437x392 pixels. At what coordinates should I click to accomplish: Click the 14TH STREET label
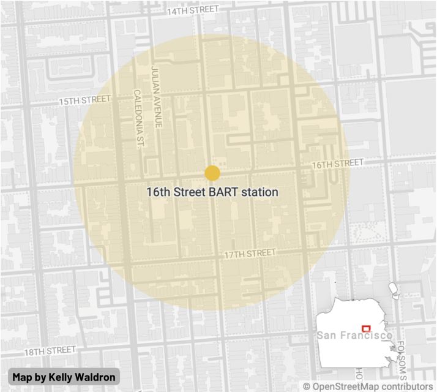192,10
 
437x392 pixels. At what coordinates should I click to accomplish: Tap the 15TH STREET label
84,100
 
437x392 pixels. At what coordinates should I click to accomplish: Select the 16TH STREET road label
337,164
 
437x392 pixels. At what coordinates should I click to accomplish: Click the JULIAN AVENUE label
158,97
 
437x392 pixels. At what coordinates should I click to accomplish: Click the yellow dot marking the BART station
212,173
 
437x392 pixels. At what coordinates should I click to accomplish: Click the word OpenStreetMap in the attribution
343,386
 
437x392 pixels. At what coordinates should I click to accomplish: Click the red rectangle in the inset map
367,328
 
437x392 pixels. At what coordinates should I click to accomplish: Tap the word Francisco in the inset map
364,336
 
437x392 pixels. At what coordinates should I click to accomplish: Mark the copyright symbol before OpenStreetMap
307,386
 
